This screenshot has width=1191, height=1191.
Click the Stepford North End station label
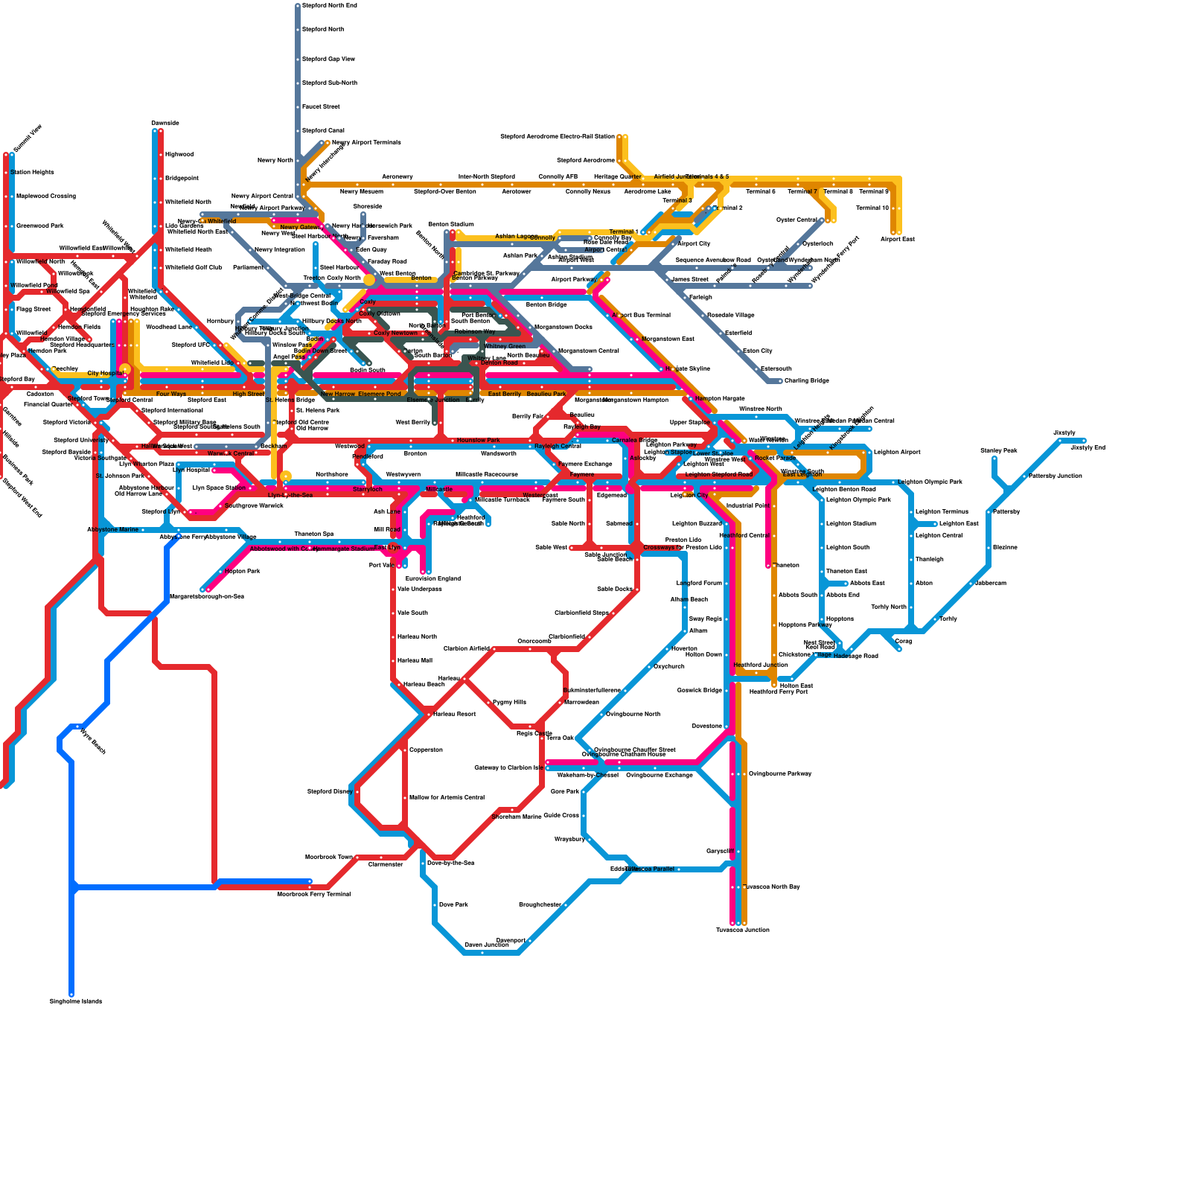click(x=329, y=6)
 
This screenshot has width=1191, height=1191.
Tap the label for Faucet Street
click(x=321, y=107)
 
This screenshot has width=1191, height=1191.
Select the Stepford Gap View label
click(x=328, y=60)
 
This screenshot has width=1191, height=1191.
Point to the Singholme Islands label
click(x=76, y=1002)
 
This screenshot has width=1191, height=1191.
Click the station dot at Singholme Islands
click(x=71, y=994)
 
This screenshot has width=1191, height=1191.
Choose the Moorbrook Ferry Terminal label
click(x=313, y=895)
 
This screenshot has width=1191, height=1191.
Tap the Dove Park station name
click(x=453, y=905)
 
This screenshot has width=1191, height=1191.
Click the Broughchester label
click(x=540, y=905)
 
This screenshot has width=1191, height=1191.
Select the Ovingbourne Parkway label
click(x=779, y=774)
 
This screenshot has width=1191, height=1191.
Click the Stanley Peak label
click(x=998, y=451)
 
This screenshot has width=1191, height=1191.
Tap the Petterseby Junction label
click(x=1055, y=476)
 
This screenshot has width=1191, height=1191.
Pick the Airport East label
click(x=897, y=240)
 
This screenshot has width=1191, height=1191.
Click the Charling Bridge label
click(x=806, y=381)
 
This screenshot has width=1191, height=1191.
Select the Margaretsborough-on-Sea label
click(x=206, y=597)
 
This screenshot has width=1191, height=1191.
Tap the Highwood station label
click(x=179, y=155)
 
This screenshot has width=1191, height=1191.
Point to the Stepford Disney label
click(x=330, y=792)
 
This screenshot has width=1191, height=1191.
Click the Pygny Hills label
click(x=509, y=703)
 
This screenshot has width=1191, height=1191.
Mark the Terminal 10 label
click(x=872, y=208)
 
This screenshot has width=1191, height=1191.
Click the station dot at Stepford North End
click(x=298, y=6)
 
